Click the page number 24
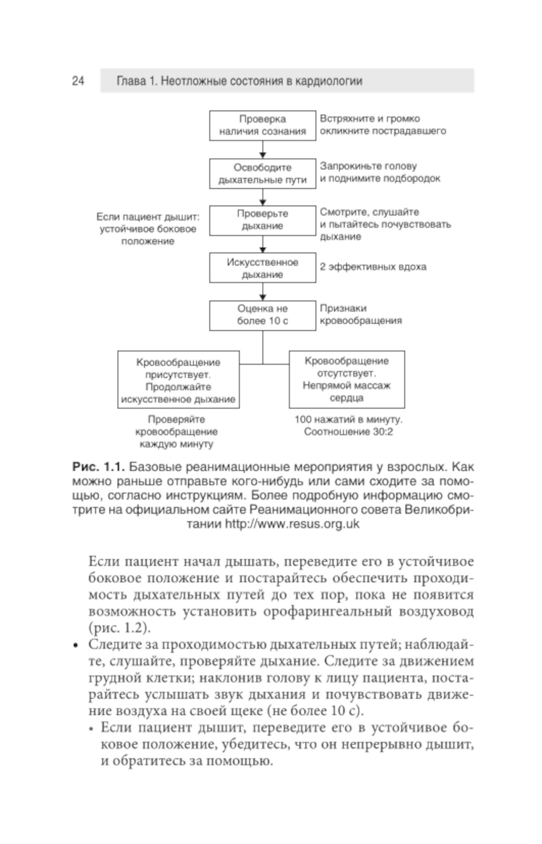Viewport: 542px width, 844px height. (78, 81)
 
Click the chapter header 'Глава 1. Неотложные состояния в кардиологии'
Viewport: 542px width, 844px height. (239, 81)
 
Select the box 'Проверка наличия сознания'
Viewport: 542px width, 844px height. (262, 125)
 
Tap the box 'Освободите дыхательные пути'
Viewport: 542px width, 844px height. (262, 174)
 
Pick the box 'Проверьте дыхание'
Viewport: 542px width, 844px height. (262, 220)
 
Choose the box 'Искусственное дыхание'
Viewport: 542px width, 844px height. (262, 268)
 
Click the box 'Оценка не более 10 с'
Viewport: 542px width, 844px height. (262, 315)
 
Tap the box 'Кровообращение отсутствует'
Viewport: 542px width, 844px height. (346, 379)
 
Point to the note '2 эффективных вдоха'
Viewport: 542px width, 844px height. (372, 267)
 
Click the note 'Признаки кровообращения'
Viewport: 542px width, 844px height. (360, 315)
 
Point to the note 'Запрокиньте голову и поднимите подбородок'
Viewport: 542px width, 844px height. (379, 172)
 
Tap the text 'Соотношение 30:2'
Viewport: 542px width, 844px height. (348, 432)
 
